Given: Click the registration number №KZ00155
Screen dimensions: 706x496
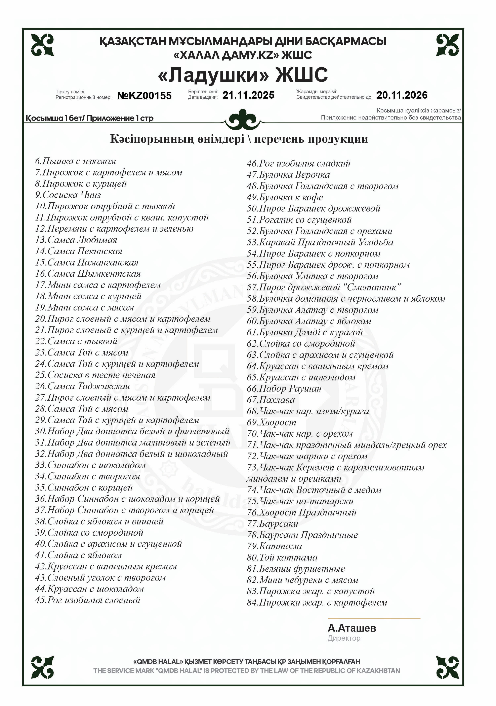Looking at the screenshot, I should [x=144, y=96].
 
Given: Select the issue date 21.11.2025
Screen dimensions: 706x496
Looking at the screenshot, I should [x=248, y=95].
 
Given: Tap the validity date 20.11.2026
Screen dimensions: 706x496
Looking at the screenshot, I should [x=402, y=95].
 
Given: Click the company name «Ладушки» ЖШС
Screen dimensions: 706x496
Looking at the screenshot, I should [x=243, y=75].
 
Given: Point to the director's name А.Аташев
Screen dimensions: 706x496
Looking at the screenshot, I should [x=352, y=628].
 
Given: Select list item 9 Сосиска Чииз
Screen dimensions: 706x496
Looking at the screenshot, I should [x=68, y=195].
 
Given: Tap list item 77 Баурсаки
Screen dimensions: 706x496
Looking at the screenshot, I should [x=272, y=524].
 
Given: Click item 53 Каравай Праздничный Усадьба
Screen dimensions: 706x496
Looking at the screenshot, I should [x=320, y=242].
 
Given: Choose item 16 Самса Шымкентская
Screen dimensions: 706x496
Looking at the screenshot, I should [x=88, y=274].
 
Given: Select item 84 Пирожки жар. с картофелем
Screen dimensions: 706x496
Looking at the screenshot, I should [x=317, y=602].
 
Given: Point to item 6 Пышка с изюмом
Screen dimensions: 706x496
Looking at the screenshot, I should [x=76, y=161].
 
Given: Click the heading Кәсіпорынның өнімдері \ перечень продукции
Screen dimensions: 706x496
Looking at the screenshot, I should [x=239, y=139].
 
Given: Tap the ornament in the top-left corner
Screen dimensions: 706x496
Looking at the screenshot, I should [x=42, y=45].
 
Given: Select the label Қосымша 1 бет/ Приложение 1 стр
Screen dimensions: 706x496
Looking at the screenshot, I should [x=89, y=118].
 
